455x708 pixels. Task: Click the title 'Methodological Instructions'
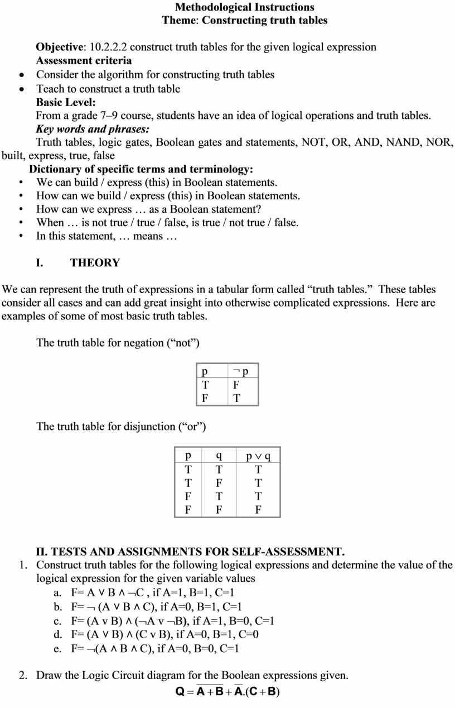pyautogui.click(x=244, y=7)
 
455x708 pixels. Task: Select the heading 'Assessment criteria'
pyautogui.click(x=84, y=60)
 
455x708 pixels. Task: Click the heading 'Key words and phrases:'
pyautogui.click(x=89, y=129)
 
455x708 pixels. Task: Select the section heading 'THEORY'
pyautogui.click(x=95, y=262)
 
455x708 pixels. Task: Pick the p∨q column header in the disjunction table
pyautogui.click(x=258, y=456)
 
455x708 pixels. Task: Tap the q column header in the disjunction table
pyautogui.click(x=219, y=456)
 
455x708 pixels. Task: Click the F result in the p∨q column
pyautogui.click(x=258, y=509)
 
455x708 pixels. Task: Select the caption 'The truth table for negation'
pyautogui.click(x=118, y=343)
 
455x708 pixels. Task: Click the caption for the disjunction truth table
pyautogui.click(x=121, y=427)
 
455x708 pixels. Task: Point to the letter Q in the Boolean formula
pyautogui.click(x=180, y=691)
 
